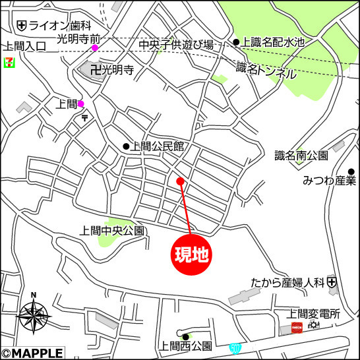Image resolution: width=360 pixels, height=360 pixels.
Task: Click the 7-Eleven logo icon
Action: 9,63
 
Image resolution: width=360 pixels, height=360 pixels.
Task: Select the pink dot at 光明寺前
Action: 95,47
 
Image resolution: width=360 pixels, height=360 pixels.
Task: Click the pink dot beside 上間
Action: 81,104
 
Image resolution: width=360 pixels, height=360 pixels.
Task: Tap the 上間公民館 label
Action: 157,146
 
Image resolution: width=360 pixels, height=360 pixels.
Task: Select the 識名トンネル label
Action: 266,69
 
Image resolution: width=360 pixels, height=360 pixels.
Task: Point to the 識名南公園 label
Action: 301,156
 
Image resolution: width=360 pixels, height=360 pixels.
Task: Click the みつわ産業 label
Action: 329,181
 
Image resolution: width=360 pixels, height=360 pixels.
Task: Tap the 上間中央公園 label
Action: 110,231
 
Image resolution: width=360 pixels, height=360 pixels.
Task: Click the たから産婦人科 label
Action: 289,282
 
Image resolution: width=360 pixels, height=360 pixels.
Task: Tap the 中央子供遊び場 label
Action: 176,45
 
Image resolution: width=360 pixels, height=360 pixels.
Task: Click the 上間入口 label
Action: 24,46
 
